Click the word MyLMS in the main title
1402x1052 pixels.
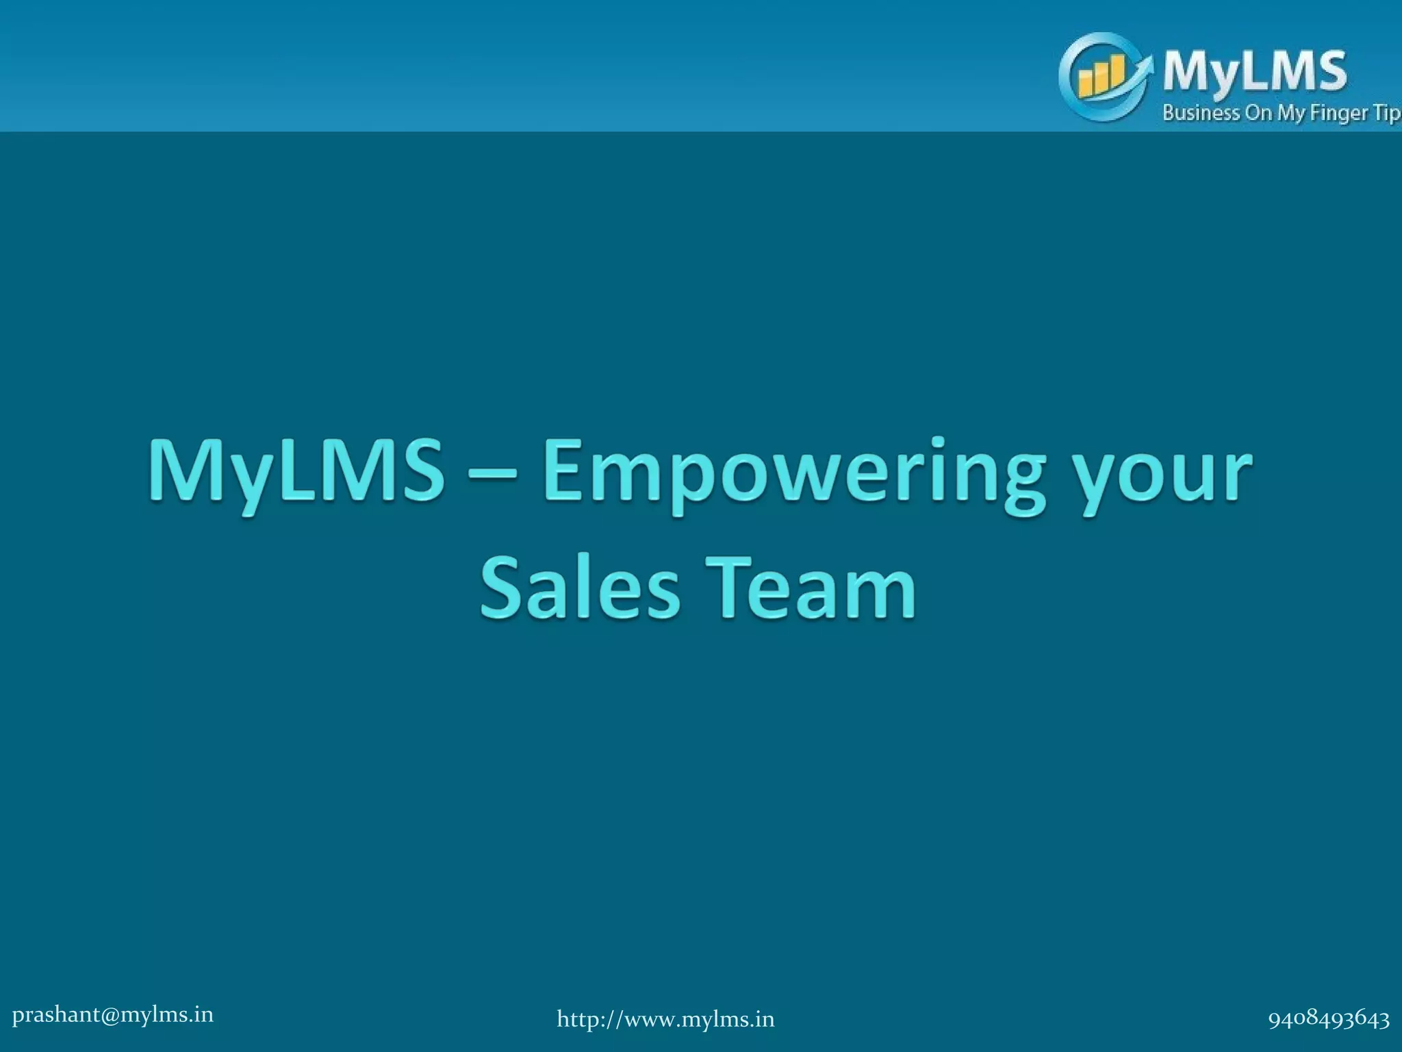(x=296, y=472)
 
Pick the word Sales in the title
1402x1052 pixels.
(x=581, y=588)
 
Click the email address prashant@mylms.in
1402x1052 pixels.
(x=113, y=1014)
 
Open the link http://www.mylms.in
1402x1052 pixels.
(x=665, y=1019)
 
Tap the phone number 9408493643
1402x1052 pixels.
(x=1328, y=1019)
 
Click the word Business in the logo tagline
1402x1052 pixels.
(x=1201, y=113)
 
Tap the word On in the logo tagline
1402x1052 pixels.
(x=1258, y=113)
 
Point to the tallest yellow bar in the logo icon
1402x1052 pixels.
(x=1117, y=74)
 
